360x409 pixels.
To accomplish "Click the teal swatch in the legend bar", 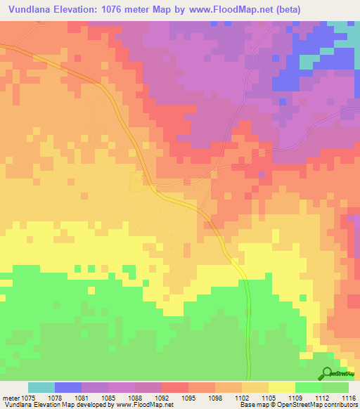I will pyautogui.click(x=41, y=387).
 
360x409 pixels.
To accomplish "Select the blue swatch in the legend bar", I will pyautogui.click(x=68, y=387).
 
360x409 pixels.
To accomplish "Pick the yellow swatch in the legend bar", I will pyautogui.click(x=282, y=387).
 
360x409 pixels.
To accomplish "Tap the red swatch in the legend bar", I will pyautogui.click(x=175, y=387).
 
